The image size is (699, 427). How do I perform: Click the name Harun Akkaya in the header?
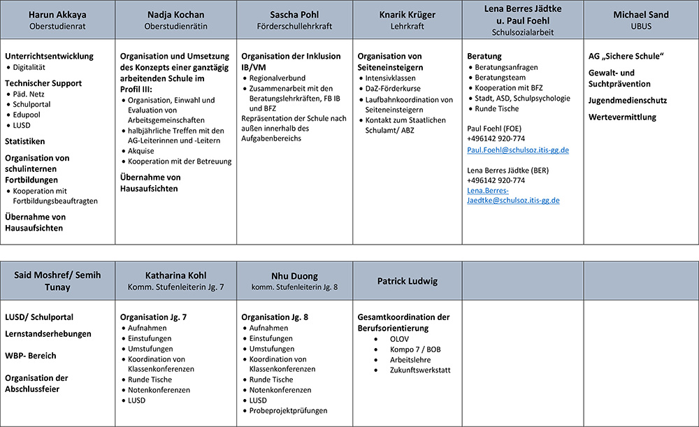[x=57, y=15]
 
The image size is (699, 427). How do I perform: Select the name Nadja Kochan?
[x=176, y=15]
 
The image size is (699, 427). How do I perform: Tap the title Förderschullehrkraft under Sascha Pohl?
[x=294, y=26]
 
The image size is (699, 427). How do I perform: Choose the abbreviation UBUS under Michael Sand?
[x=640, y=26]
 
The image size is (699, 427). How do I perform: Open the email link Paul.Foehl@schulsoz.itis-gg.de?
[x=517, y=150]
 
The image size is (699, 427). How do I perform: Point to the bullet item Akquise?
[x=142, y=150]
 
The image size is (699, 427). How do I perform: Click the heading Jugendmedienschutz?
[x=628, y=100]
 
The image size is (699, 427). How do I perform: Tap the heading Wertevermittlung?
[x=623, y=117]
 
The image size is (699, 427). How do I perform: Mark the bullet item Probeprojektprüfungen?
[x=288, y=411]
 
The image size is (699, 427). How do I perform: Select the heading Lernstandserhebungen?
[x=48, y=334]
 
